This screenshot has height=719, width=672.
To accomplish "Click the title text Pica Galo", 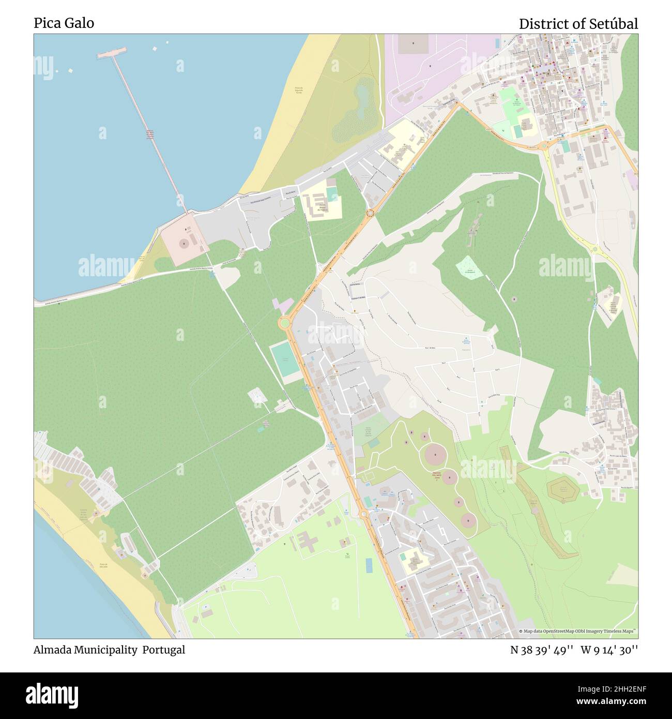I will (64, 23).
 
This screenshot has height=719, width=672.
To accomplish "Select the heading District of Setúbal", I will (578, 24).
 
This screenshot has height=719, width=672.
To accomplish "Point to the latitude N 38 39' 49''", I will (541, 650).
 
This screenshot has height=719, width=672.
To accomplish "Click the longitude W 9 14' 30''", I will (609, 650).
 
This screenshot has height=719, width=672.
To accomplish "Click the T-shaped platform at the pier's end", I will (111, 52).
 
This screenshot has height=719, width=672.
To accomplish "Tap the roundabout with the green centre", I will (284, 323).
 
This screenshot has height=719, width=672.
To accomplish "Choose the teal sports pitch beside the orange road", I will (284, 357).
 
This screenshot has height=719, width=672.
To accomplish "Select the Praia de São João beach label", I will (103, 566).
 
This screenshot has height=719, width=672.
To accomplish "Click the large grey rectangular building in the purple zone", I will (414, 44).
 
